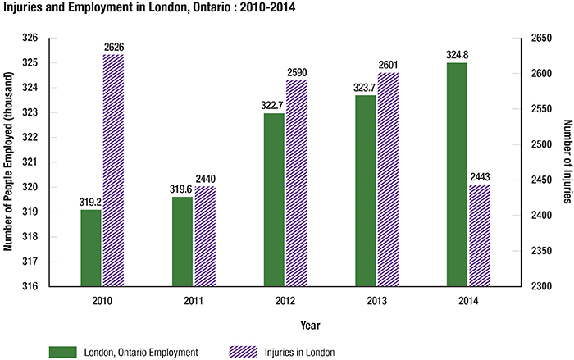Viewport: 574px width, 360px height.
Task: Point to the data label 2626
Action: coord(113,48)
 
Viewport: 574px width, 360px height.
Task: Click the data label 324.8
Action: coord(457,56)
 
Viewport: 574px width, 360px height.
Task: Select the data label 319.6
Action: coord(182,189)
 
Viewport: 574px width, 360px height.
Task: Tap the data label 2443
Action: coord(479,178)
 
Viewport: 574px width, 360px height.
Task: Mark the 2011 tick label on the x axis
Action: coord(194,301)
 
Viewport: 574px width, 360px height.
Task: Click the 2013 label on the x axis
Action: coord(377,301)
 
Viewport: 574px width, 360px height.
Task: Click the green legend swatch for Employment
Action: coord(61,352)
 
